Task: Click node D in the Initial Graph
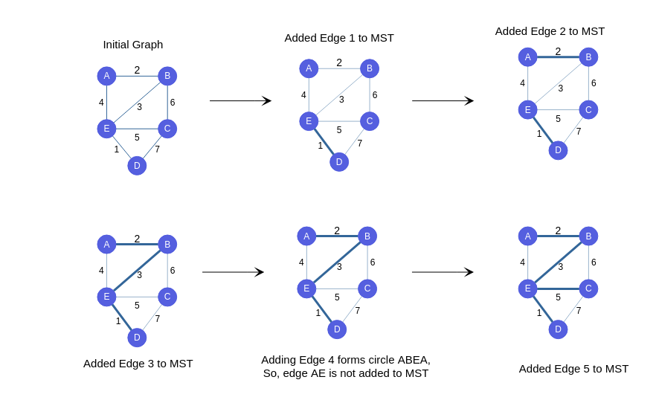coord(137,166)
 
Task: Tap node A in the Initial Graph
coord(106,76)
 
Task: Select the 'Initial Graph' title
coord(132,45)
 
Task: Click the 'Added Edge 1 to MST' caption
coord(339,38)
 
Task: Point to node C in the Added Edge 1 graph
coord(370,121)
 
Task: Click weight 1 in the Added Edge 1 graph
coord(321,146)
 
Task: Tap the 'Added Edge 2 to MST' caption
coord(550,31)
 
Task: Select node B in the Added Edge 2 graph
coord(588,57)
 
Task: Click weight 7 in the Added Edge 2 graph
coord(579,132)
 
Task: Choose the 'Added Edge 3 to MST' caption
coord(138,364)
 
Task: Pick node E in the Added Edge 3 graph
coord(106,297)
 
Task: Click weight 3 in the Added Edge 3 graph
coord(139,275)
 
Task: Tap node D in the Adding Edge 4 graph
coord(337,329)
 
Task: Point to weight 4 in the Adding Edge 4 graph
coord(301,262)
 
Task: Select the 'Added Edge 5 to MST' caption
coord(573,369)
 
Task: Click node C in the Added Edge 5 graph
coord(588,288)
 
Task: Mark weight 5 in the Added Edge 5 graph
coord(558,297)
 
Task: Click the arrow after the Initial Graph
coord(240,101)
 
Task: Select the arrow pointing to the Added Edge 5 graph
coord(443,272)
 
